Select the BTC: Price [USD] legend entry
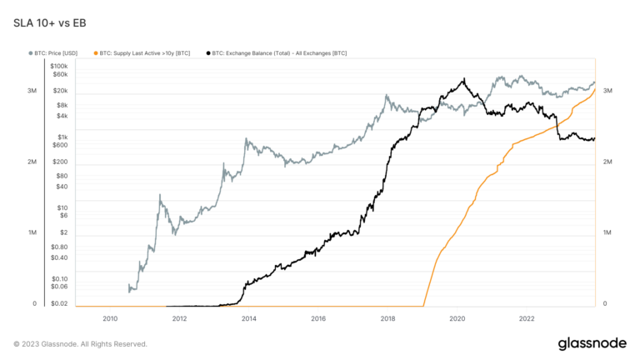coord(58,52)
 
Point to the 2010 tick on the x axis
coord(109,317)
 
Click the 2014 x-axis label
coord(248,317)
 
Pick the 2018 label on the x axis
coord(387,317)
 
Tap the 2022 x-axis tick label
coord(527,317)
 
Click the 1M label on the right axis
coord(608,232)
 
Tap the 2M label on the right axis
coord(608,162)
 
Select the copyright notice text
coord(80,343)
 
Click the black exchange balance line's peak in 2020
coord(463,80)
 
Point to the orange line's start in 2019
coord(424,303)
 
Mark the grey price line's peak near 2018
coord(387,95)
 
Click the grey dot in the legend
coord(32,52)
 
